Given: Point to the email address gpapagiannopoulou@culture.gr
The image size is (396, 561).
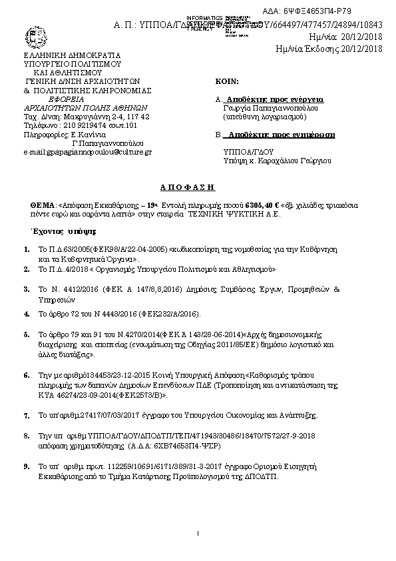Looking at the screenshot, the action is pyautogui.click(x=88, y=152).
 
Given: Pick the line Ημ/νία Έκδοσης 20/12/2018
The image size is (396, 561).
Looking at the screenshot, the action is pyautogui.click(x=329, y=49).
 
